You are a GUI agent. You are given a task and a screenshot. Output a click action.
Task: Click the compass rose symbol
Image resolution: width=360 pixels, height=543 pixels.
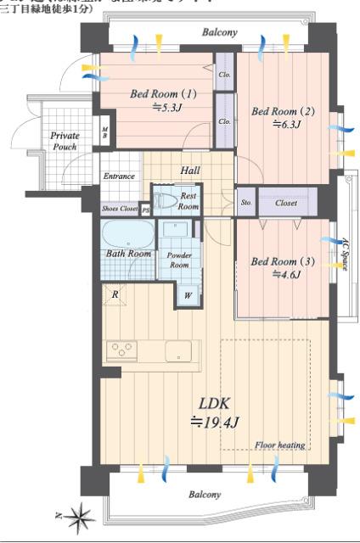tap(82, 514)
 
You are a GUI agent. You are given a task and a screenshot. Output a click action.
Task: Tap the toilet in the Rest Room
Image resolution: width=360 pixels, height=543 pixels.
tap(166, 200)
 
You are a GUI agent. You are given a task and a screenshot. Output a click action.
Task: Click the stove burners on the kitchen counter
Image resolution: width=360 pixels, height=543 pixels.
tap(121, 349)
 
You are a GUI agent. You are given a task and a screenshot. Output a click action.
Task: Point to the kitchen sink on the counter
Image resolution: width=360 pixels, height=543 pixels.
tap(181, 350)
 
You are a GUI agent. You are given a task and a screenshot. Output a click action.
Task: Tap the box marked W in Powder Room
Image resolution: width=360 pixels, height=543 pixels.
tap(188, 297)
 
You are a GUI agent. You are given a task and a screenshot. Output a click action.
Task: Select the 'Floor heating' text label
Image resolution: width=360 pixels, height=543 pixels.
tap(279, 445)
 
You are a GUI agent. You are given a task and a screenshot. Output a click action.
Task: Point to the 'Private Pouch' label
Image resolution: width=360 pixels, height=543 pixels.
tap(64, 141)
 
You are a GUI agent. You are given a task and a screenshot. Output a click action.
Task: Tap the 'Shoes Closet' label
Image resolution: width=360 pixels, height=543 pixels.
tap(120, 208)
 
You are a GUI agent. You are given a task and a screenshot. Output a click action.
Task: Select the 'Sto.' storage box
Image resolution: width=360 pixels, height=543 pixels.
tap(246, 202)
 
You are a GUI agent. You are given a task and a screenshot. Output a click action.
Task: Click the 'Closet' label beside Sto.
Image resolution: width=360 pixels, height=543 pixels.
tap(286, 202)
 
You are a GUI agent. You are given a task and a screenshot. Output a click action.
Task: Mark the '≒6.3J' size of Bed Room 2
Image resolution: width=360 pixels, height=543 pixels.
tap(286, 124)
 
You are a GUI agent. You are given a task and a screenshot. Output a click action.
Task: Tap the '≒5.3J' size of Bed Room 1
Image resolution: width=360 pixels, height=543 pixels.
tap(167, 107)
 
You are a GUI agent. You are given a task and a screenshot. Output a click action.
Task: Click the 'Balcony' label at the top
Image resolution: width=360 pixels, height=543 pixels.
tap(220, 33)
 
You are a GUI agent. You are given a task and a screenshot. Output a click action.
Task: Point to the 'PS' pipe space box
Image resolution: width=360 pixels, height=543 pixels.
tap(146, 208)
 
